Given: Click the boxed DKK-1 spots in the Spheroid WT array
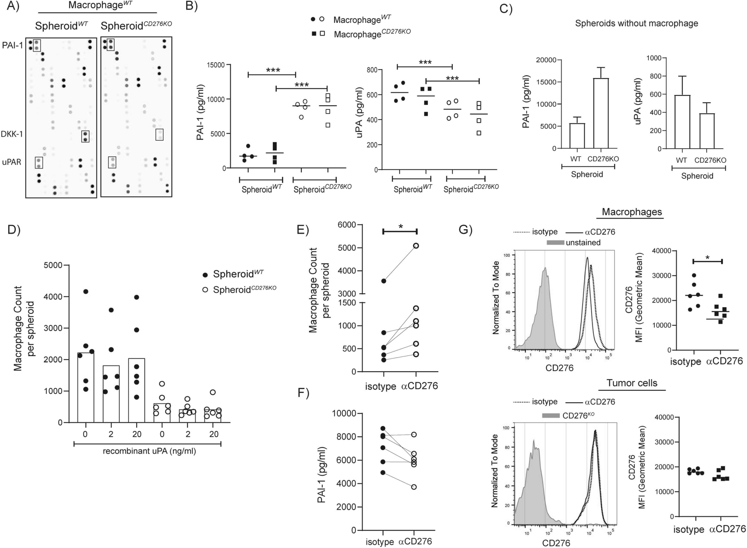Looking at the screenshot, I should [x=85, y=136].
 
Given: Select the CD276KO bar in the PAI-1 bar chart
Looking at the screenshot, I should [x=601, y=113].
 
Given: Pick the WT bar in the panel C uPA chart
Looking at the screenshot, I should [x=682, y=122].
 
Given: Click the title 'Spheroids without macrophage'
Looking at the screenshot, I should [x=636, y=23].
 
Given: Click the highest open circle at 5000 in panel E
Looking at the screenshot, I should [x=416, y=246].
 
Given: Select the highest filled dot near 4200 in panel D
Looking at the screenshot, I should [x=86, y=291].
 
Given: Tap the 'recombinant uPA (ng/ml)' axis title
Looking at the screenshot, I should [x=149, y=451].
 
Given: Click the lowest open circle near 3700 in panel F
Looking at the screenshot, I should [x=414, y=487].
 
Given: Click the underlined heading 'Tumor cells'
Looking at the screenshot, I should [x=632, y=383].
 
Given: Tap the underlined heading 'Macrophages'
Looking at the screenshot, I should [x=632, y=212].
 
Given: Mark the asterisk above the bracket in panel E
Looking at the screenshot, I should [x=400, y=226].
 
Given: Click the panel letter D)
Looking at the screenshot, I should [x=14, y=230].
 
